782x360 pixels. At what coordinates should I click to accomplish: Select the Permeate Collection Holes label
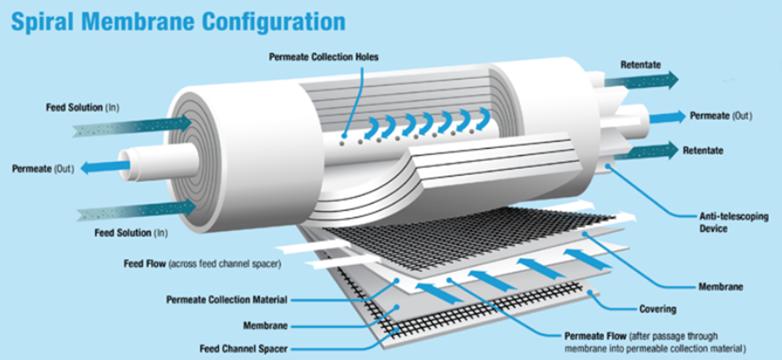[323, 57]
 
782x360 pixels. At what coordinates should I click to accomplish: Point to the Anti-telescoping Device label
[733, 222]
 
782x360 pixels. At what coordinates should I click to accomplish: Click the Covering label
[657, 309]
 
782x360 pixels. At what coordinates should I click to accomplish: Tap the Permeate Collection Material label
[226, 300]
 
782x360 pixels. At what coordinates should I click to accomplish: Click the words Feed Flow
[145, 264]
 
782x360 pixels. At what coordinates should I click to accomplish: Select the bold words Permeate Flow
[594, 336]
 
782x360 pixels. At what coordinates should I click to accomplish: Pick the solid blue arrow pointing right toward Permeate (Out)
[667, 117]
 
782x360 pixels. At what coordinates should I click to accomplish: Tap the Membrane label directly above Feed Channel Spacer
[265, 325]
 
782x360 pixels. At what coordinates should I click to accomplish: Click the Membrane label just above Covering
[720, 287]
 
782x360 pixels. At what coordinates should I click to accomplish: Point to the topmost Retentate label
[640, 65]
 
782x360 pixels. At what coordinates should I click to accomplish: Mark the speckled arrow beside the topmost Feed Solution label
[132, 126]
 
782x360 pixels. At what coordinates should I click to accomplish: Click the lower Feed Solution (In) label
[131, 233]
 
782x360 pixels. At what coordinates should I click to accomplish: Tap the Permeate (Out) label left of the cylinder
[43, 169]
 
